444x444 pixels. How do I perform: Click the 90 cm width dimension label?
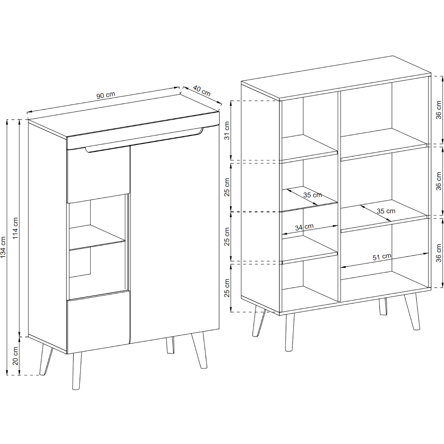pos(106,95)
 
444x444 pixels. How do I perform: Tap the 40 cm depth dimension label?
pos(202,91)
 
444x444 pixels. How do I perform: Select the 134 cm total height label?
pos(3,247)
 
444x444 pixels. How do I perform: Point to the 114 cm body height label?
pos(16,228)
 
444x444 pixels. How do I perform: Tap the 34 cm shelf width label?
pos(304,227)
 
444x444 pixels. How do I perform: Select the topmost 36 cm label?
pos(439,110)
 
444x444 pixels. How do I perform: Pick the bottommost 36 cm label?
pos(439,253)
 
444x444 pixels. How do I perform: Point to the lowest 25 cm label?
pos(227,288)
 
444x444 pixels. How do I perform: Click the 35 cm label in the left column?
pos(313,195)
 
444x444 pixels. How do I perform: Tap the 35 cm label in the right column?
pos(386,211)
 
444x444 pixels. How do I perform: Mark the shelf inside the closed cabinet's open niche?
pos(97,237)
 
